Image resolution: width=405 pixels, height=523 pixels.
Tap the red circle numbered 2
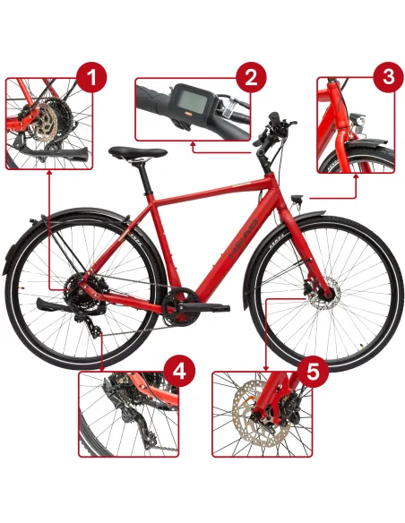pos(250,76)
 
